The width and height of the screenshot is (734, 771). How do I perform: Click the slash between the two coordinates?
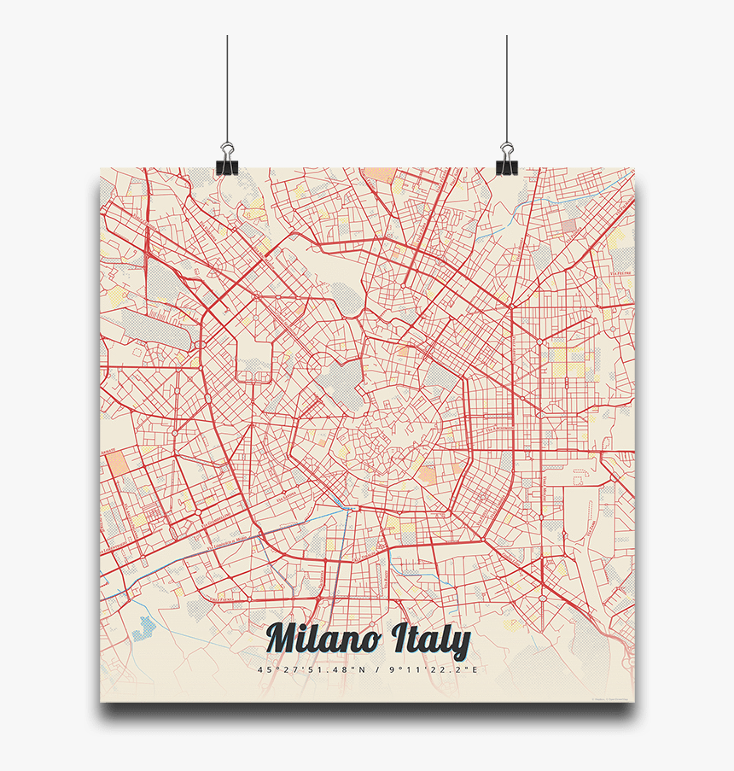click(x=376, y=670)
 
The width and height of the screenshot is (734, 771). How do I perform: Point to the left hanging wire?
click(x=227, y=85)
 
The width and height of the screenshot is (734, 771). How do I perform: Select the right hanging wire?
click(x=507, y=85)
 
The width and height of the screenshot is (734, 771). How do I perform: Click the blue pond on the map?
click(x=146, y=629)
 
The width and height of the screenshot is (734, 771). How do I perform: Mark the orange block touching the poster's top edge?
click(x=378, y=175)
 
